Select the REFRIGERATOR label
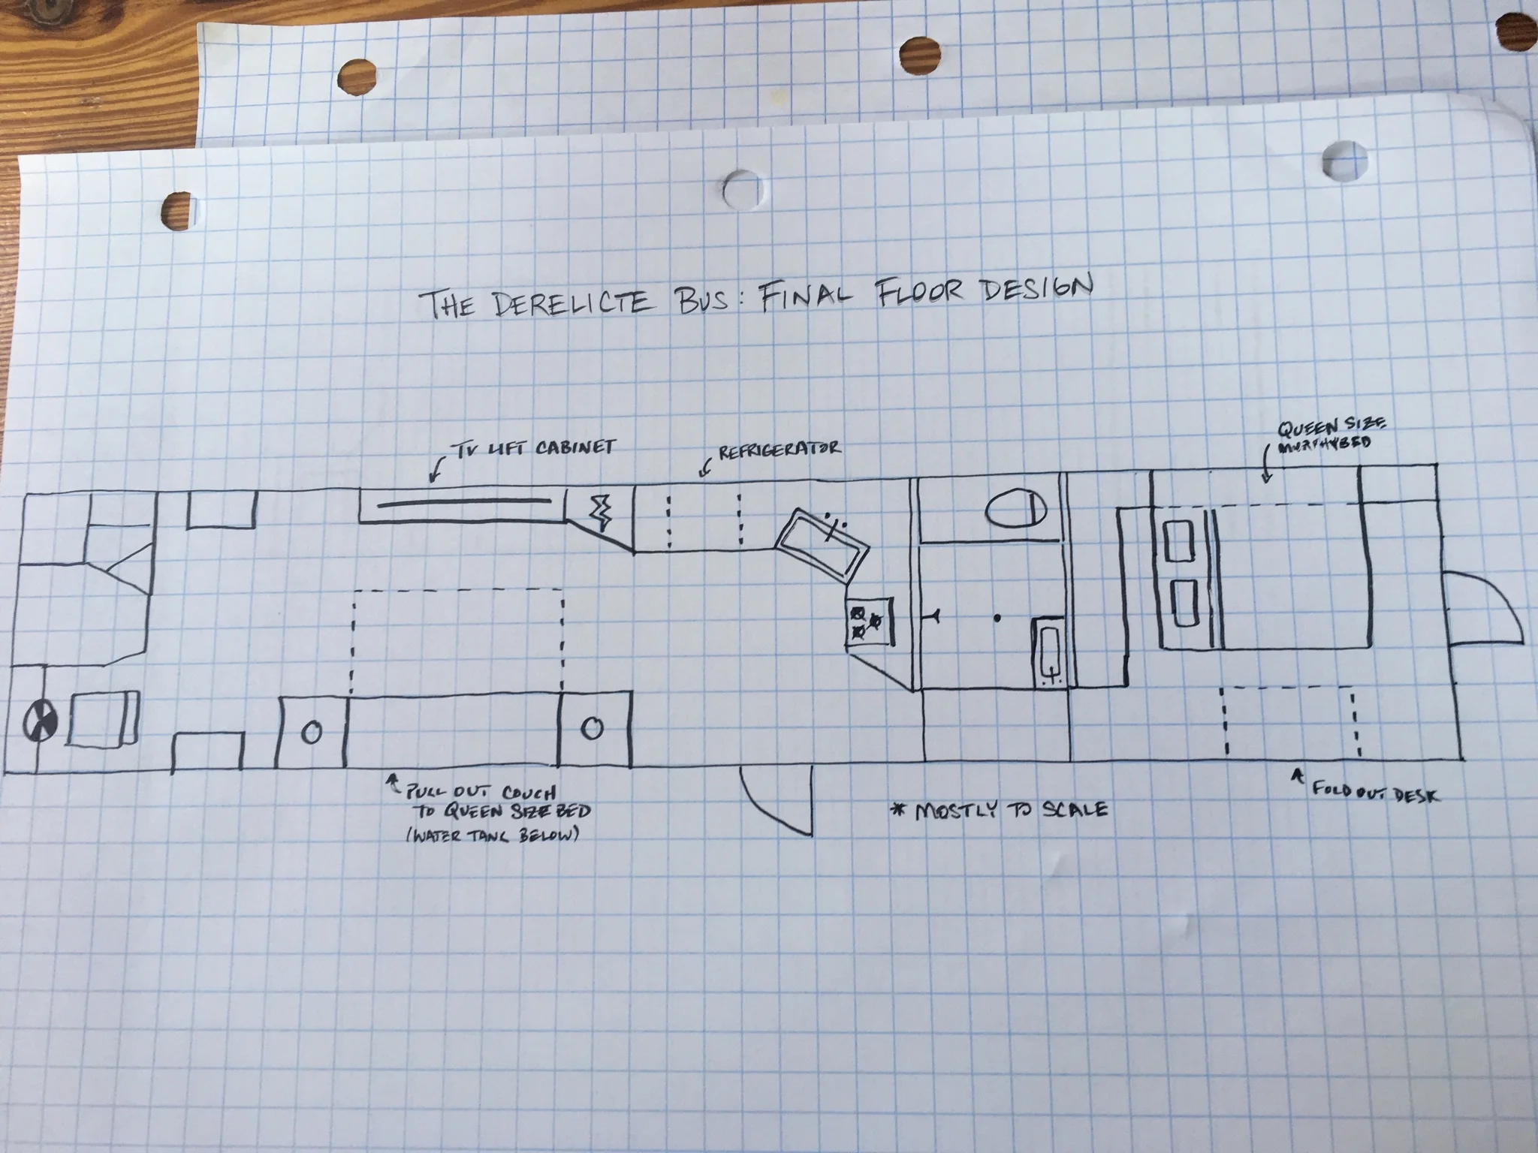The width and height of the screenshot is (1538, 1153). (778, 451)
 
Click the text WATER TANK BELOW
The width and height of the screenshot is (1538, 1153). (492, 835)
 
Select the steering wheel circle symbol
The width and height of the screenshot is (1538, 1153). (37, 721)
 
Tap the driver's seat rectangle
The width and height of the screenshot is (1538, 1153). (104, 719)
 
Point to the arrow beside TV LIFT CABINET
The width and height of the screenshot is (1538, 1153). (433, 471)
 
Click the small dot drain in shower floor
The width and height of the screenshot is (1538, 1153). (997, 618)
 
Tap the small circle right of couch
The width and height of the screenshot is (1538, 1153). (593, 727)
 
